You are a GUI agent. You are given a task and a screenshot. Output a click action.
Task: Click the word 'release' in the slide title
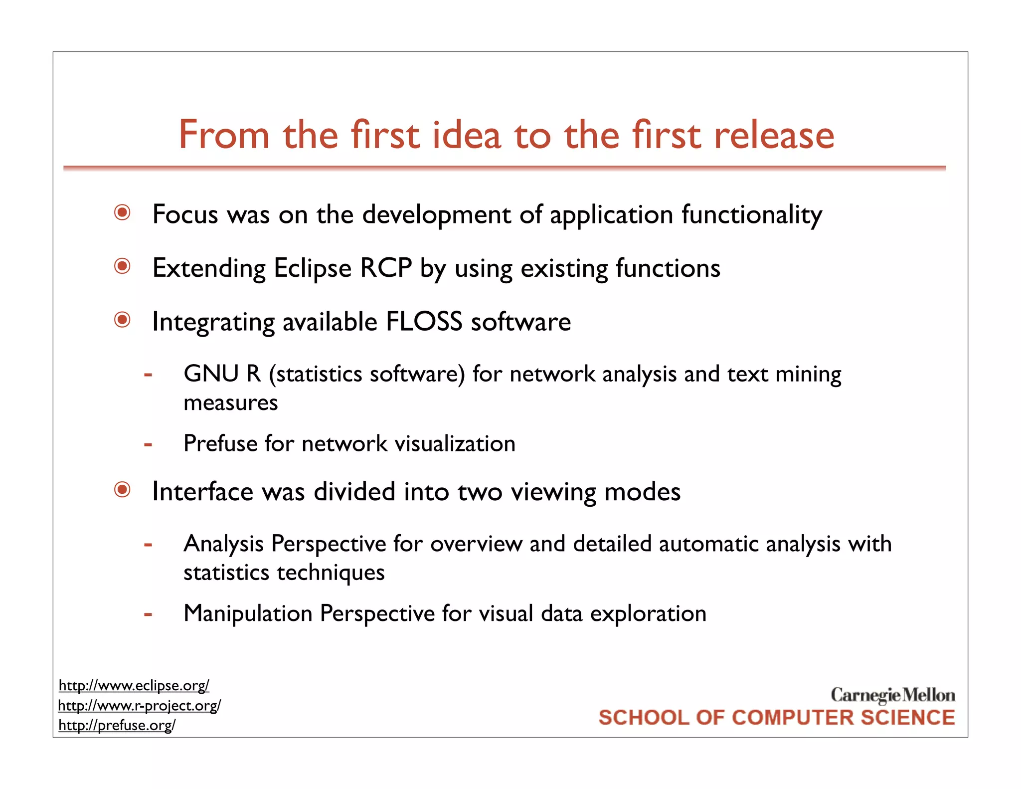point(774,136)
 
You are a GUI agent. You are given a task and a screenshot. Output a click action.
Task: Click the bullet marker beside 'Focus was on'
point(122,213)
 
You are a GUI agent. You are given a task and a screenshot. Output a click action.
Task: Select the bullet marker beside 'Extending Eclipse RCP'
point(122,266)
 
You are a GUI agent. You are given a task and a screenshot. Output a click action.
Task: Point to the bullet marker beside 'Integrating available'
point(122,320)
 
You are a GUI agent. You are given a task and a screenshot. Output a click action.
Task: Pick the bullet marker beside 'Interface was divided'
point(122,490)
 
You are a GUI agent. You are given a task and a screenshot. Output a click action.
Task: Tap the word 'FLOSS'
point(424,322)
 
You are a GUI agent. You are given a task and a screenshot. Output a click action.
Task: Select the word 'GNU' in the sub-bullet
point(211,374)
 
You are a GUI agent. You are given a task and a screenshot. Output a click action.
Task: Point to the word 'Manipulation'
point(248,614)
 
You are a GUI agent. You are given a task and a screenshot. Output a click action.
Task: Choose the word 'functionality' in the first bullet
point(752,215)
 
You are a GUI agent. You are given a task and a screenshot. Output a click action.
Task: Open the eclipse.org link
point(134,686)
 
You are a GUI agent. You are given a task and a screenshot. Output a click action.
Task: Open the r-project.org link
point(139,706)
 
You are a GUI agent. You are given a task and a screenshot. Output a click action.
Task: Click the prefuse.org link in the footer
point(117,725)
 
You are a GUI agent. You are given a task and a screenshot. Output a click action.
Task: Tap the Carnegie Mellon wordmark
point(892,695)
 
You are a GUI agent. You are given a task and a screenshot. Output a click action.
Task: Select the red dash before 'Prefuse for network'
point(148,444)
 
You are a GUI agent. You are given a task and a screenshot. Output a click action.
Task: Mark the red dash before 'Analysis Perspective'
point(148,545)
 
